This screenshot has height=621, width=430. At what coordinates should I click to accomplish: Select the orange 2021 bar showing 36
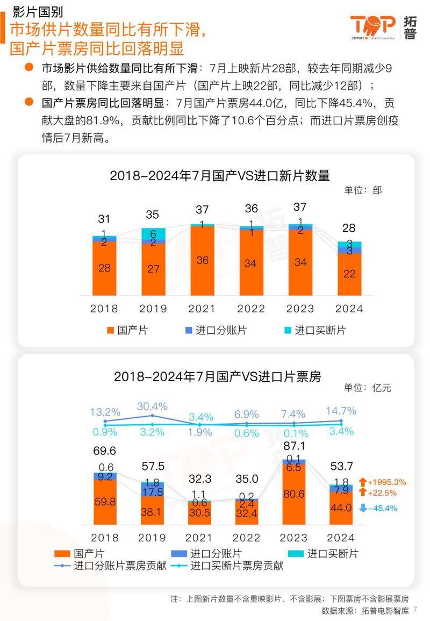point(202,260)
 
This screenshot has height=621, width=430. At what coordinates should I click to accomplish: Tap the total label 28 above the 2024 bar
point(349,227)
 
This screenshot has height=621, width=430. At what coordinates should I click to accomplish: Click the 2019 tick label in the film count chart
point(153,309)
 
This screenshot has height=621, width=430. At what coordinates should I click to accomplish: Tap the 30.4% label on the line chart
point(153,406)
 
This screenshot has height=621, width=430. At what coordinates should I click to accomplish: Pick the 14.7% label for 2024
point(341,411)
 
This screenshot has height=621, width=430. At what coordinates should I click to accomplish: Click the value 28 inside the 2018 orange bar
point(105,268)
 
